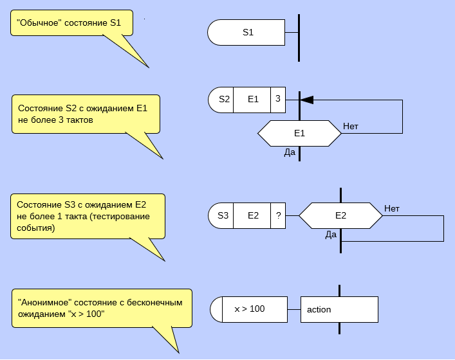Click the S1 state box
pyautogui.click(x=247, y=33)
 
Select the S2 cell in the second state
pyautogui.click(x=223, y=100)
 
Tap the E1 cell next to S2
pyautogui.click(x=252, y=100)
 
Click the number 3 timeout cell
pyautogui.click(x=277, y=100)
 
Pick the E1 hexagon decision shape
pyautogui.click(x=299, y=133)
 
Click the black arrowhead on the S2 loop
pyautogui.click(x=308, y=100)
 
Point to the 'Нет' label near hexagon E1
pyautogui.click(x=351, y=126)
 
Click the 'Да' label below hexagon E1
pyautogui.click(x=290, y=152)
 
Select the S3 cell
pyautogui.click(x=223, y=215)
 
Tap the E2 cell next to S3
pyautogui.click(x=252, y=215)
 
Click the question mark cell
pyautogui.click(x=278, y=215)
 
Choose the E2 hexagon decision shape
pyautogui.click(x=340, y=215)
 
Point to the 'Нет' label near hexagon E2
pyautogui.click(x=392, y=208)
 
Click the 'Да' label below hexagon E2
pyautogui.click(x=331, y=235)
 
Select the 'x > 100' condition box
pyautogui.click(x=249, y=309)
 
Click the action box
pyautogui.click(x=339, y=309)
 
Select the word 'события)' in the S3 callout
pyautogui.click(x=36, y=228)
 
